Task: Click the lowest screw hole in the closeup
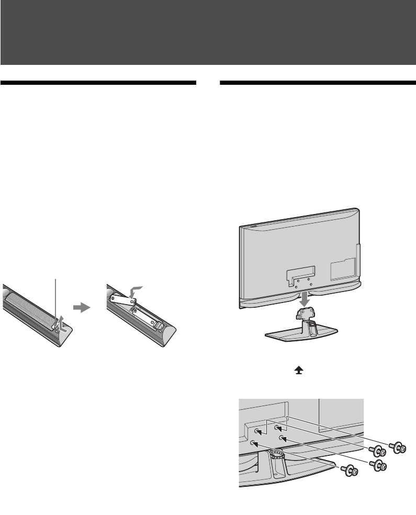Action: pos(254,443)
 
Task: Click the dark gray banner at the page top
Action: pos(208,32)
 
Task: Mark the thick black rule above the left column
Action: pos(99,83)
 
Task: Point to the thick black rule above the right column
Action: pos(318,83)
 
